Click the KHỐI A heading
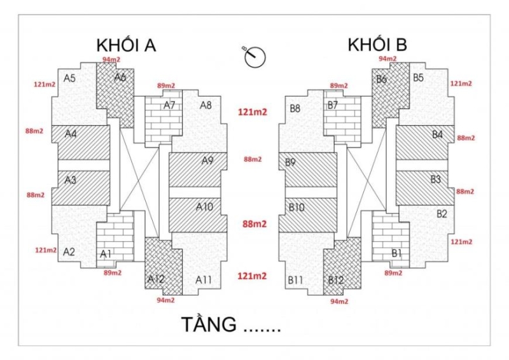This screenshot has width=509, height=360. [126, 46]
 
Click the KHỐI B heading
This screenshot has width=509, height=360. [377, 45]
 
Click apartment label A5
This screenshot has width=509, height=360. [70, 78]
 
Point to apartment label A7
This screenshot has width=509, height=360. [169, 105]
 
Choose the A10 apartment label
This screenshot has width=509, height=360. [204, 207]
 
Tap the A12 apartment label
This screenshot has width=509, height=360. [156, 279]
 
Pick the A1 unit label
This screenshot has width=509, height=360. [106, 254]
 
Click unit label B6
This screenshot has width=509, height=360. [382, 80]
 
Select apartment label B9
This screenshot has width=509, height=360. [291, 162]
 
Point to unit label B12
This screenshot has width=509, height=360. [335, 279]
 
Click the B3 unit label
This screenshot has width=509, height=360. [435, 179]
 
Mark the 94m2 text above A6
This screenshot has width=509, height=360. [111, 59]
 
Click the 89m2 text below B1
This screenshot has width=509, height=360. [393, 272]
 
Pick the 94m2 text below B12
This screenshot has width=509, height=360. [338, 301]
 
